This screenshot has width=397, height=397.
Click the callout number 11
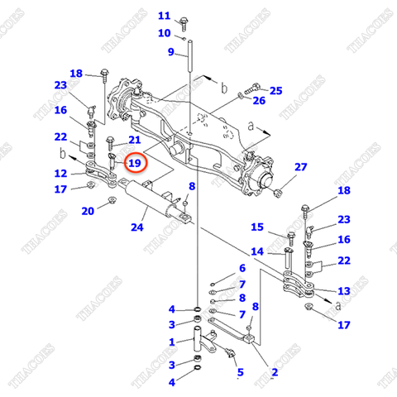163,16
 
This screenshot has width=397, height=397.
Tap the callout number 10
163,33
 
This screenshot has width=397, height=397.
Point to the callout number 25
276,90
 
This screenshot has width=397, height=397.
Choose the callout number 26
259,101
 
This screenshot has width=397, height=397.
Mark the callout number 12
60,174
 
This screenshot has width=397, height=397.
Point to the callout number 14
256,251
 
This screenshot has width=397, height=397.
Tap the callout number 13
343,290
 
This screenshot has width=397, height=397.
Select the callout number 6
242,269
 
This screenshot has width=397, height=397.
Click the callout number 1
171,342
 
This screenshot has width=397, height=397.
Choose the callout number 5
240,373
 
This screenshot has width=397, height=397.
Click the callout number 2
274,373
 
